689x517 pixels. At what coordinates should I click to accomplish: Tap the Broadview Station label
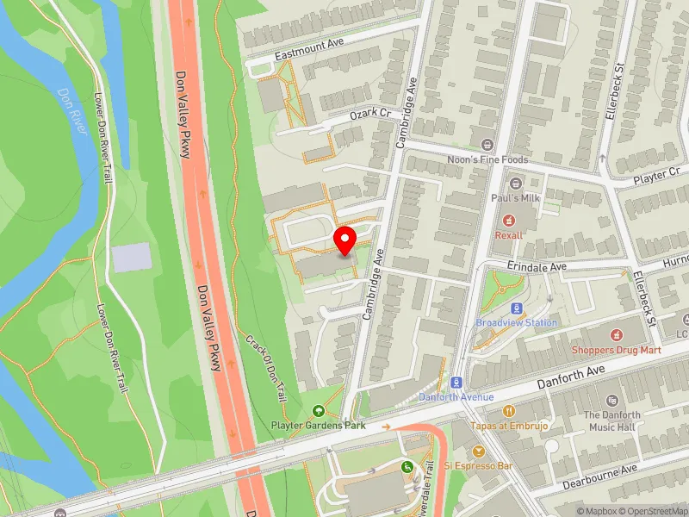click(517, 322)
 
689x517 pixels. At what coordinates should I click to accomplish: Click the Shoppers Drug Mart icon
click(617, 334)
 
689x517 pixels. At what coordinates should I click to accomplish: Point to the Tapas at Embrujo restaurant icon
click(510, 411)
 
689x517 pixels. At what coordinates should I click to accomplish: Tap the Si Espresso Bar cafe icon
click(479, 451)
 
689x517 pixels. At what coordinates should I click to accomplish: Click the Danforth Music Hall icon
click(612, 401)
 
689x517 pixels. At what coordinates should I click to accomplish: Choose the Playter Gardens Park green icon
click(320, 412)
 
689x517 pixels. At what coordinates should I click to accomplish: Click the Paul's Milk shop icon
click(516, 184)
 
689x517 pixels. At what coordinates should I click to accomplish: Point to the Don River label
click(71, 110)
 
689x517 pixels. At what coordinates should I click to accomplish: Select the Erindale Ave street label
click(536, 267)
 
